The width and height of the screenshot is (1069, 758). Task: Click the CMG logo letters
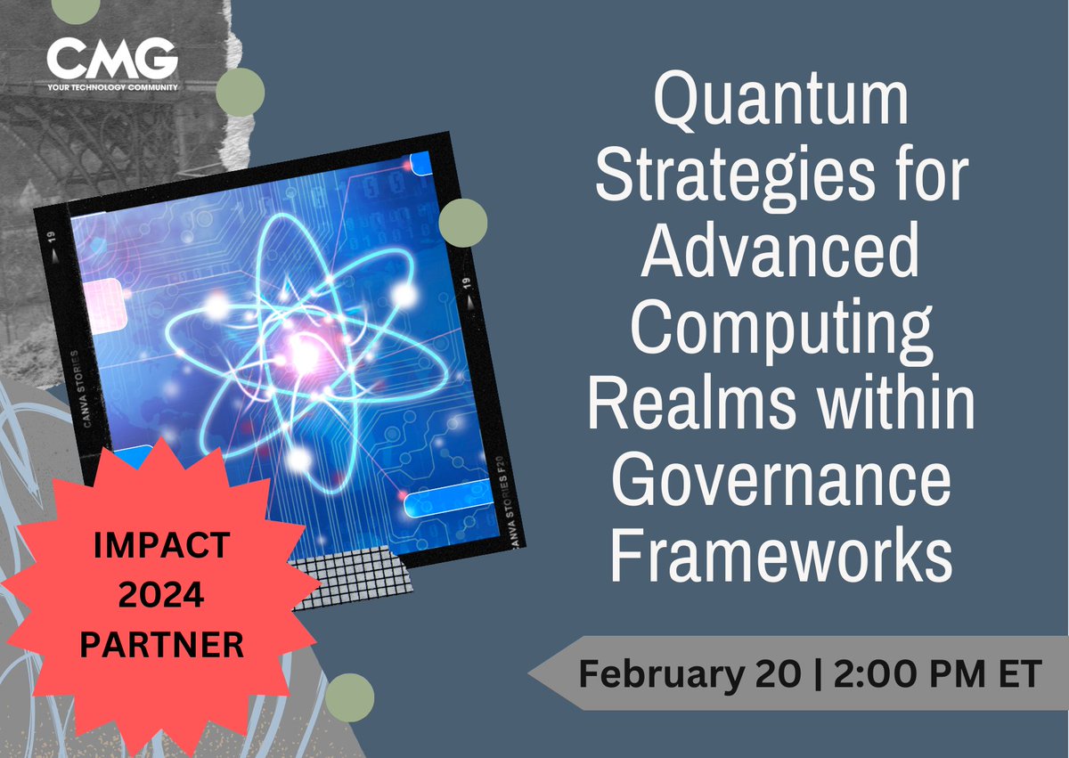(112, 60)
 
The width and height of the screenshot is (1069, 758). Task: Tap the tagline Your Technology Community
(112, 86)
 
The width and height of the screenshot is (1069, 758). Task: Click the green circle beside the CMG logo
(241, 92)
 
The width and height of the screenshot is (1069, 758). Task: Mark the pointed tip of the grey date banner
(531, 673)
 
